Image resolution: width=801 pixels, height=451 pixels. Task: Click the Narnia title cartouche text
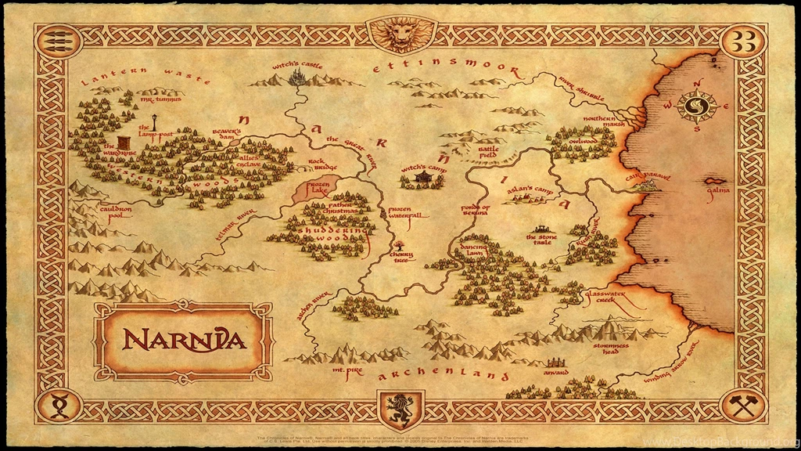coord(184,341)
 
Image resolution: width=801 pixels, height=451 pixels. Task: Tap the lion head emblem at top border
coord(400,34)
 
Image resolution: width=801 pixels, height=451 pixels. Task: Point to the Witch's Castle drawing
coord(297,77)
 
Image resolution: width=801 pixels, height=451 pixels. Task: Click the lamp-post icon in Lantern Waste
coord(153,121)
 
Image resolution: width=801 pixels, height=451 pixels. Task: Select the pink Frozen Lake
coord(315,188)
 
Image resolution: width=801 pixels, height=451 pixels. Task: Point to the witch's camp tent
coord(423,179)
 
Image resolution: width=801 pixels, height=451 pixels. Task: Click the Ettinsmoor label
coord(446,67)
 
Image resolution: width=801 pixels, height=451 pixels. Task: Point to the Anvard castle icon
coord(556,363)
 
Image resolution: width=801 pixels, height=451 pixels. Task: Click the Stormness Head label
coord(611,348)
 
